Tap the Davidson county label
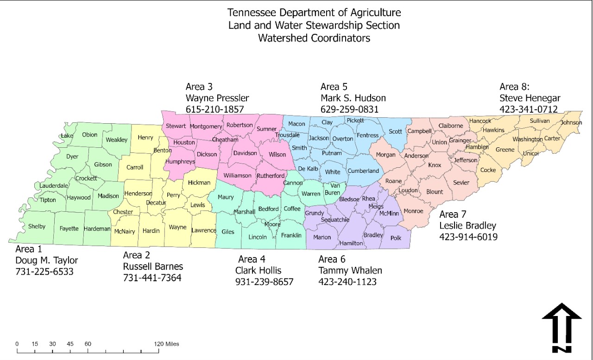point(245,153)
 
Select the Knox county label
point(435,165)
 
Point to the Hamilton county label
point(351,243)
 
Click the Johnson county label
point(571,123)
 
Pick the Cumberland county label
point(363,171)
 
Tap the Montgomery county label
point(206,126)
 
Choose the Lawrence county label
point(204,230)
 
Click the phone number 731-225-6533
point(44,272)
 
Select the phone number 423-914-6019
point(468,237)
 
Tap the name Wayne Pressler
point(217,98)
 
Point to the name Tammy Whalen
point(350,271)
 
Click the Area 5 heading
point(334,87)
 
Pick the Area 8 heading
point(514,87)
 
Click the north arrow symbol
point(561,327)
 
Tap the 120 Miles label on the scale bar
point(167,344)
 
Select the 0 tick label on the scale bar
point(17,344)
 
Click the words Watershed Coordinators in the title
point(314,38)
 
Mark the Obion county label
point(90,135)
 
